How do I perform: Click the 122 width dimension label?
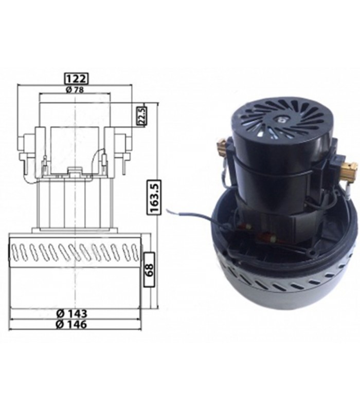tap(76, 79)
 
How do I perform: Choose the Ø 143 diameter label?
tap(71, 313)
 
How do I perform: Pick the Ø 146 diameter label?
tap(71, 325)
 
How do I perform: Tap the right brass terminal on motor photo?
tap(350, 165)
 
